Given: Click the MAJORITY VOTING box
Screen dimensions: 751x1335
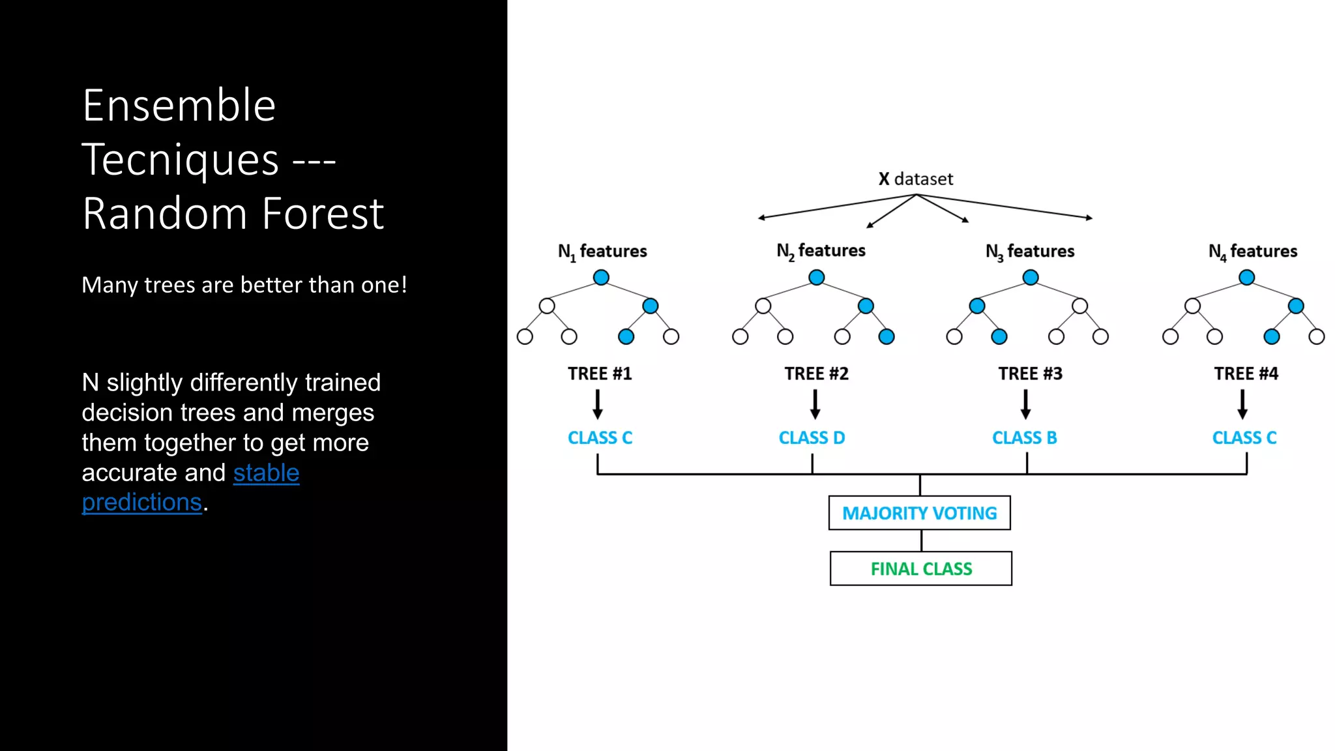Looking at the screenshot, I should [x=919, y=513].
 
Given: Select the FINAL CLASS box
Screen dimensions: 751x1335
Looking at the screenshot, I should [x=920, y=569].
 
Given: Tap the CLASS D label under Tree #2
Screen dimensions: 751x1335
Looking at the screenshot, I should [x=812, y=438].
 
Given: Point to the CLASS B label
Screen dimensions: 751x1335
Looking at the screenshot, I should [x=1024, y=438].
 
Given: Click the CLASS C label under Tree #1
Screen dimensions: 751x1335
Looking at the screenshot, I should [x=600, y=438].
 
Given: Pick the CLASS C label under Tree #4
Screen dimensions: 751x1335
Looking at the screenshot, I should [x=1244, y=438].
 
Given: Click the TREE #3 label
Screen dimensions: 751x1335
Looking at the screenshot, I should [x=1030, y=374].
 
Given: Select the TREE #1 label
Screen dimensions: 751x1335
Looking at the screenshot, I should [x=600, y=374].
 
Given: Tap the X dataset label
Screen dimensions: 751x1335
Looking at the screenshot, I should [x=915, y=179].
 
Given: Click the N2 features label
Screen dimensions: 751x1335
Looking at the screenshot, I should [x=821, y=251].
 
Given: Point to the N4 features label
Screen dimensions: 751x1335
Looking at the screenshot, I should [x=1252, y=252].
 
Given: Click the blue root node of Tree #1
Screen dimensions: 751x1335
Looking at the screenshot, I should [x=601, y=278].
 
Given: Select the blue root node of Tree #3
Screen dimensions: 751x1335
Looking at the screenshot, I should [x=1031, y=278].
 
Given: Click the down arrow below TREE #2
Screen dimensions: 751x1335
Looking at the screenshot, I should [x=815, y=404].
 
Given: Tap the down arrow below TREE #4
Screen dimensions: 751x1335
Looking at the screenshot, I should [x=1242, y=404].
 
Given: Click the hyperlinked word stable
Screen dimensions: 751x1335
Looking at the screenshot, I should [x=266, y=473].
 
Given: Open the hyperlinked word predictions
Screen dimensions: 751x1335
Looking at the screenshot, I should [x=141, y=503].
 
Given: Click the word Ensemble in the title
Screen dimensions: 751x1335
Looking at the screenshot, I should [x=179, y=106].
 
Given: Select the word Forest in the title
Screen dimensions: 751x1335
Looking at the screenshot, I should [x=323, y=214].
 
